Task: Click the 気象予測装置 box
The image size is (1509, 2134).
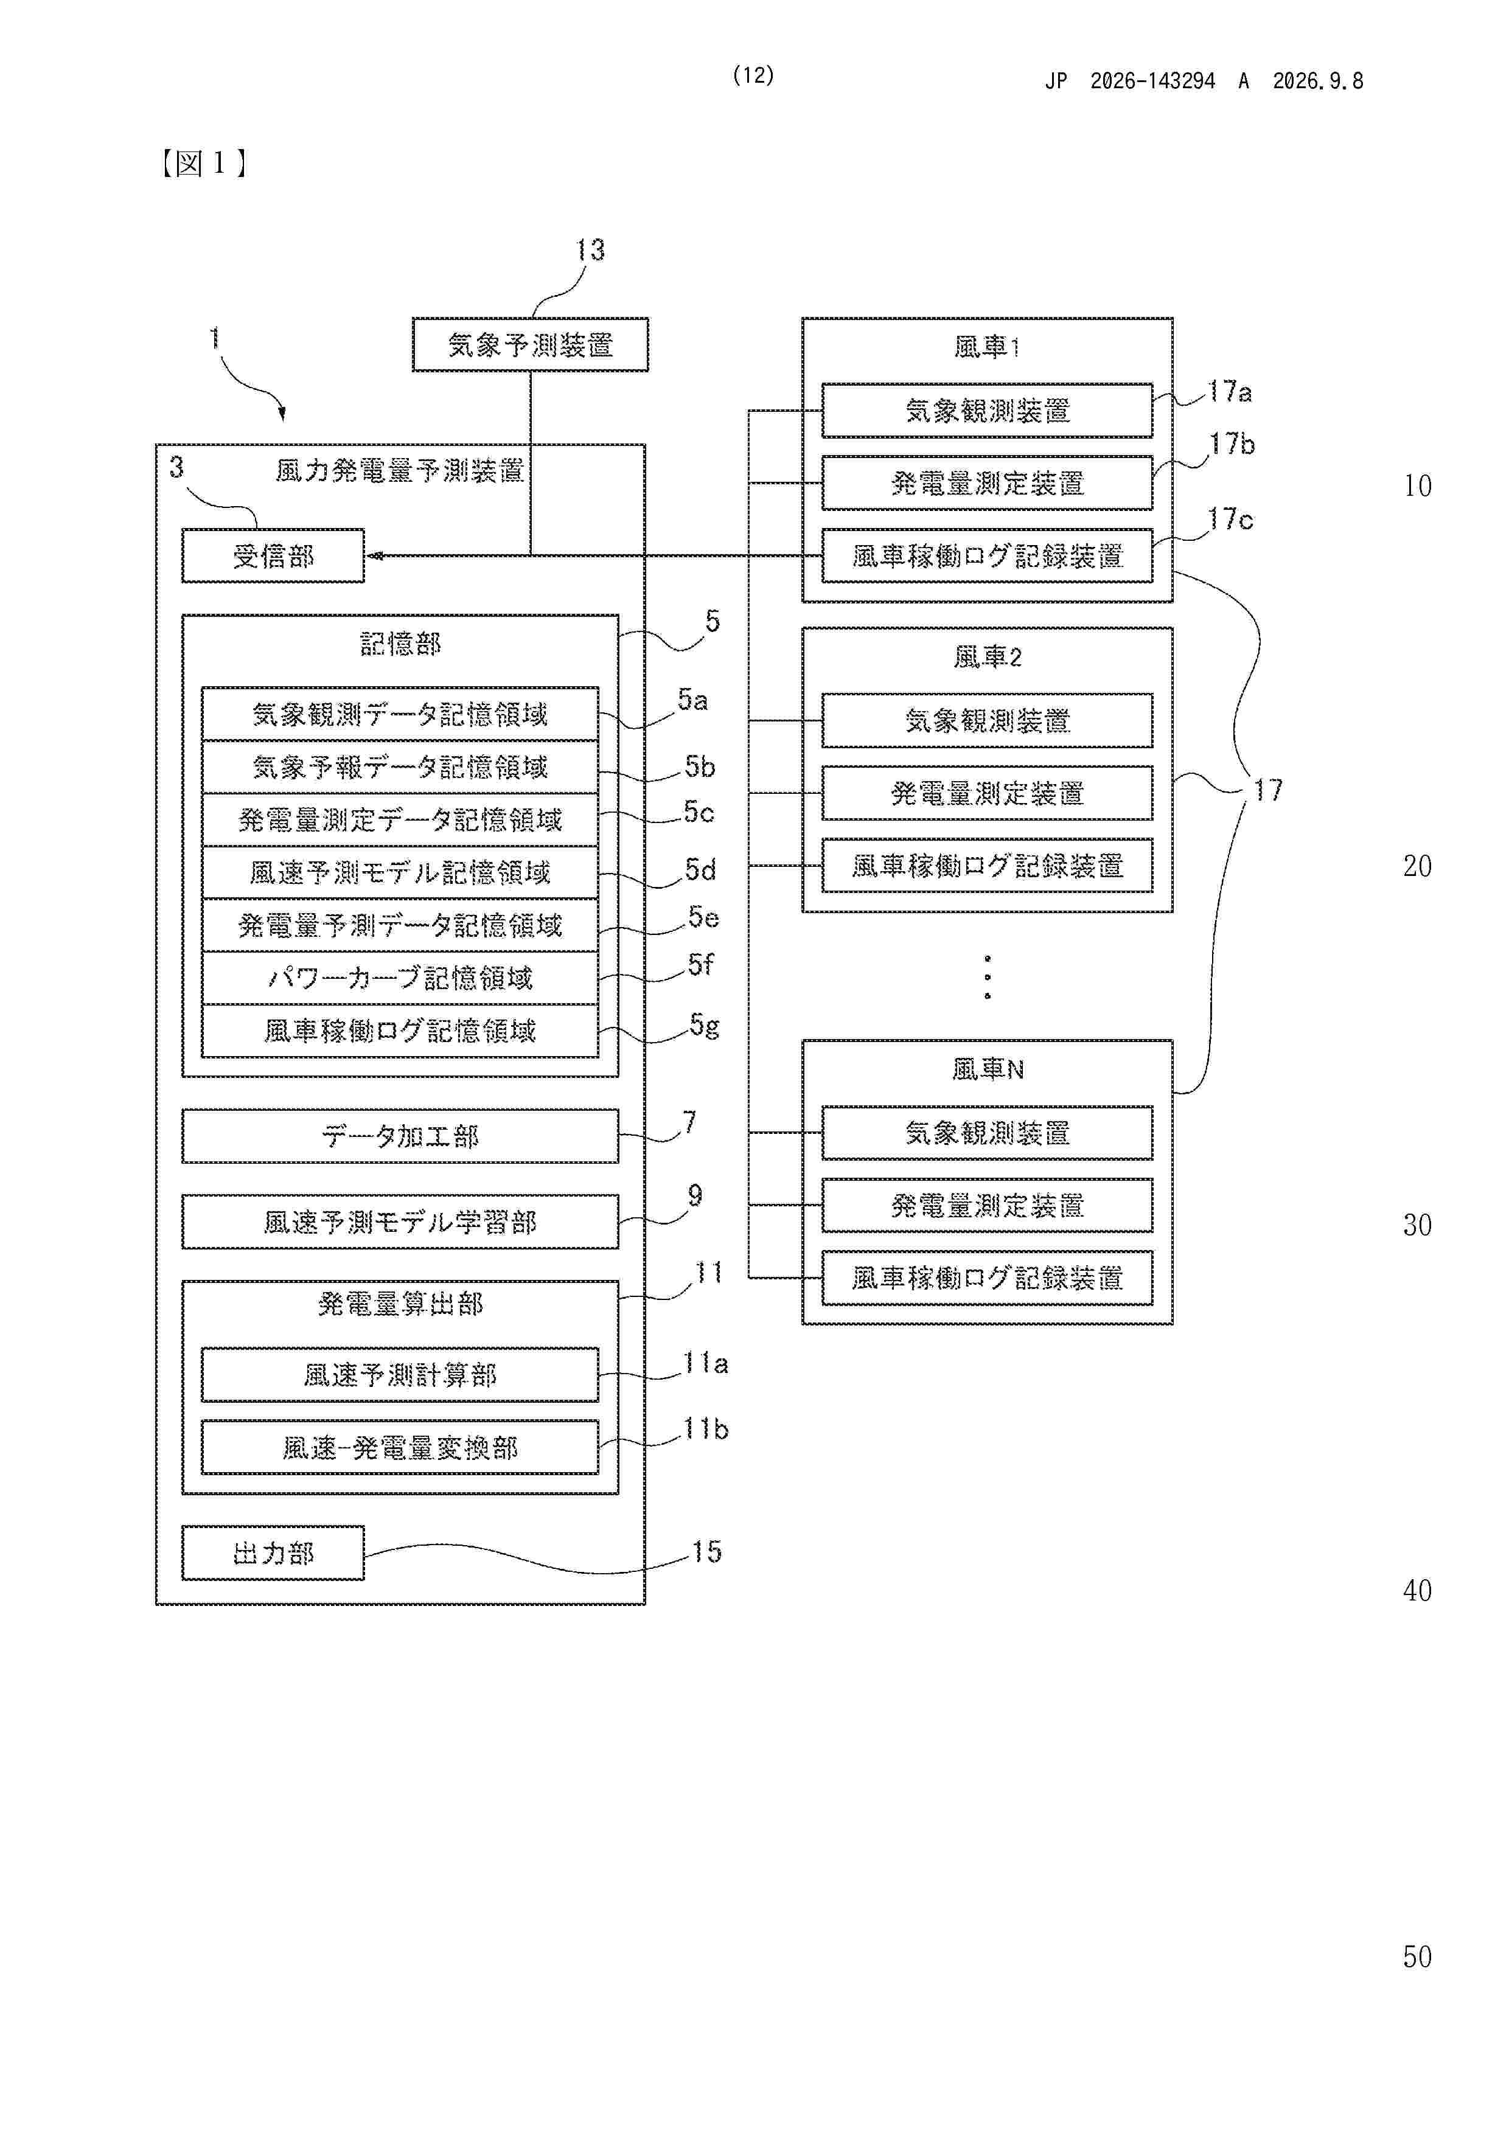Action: coord(530,345)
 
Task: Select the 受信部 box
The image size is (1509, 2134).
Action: coord(273,556)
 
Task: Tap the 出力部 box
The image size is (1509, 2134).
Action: coord(273,1553)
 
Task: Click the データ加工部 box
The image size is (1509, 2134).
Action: coord(400,1136)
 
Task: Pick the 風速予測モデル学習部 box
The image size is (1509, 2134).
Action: coord(400,1222)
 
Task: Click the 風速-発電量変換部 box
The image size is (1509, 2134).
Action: coord(400,1447)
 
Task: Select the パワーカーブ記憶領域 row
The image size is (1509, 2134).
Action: coord(400,978)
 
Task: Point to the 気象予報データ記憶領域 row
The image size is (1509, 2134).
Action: coord(400,766)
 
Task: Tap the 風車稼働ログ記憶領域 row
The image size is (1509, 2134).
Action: coord(400,1031)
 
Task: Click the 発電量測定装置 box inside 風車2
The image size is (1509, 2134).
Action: coord(988,793)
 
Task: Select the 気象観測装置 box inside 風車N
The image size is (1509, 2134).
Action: coord(988,1133)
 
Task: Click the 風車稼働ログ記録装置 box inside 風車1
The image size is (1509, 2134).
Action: coord(988,556)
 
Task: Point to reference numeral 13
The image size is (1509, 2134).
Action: coord(590,250)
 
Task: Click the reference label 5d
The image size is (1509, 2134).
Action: coord(700,870)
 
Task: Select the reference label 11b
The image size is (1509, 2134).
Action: coord(706,1428)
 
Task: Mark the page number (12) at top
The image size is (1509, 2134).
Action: coord(753,75)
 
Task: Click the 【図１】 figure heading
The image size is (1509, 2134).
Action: coord(203,164)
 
